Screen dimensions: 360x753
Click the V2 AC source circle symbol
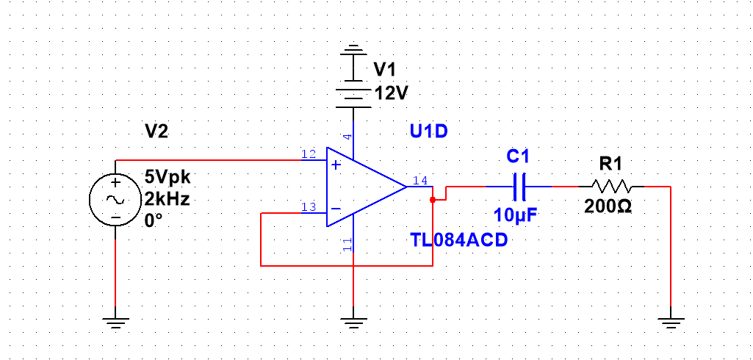click(x=115, y=198)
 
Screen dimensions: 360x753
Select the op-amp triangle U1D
click(x=364, y=187)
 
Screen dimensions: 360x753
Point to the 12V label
click(x=391, y=93)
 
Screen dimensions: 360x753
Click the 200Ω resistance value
click(x=608, y=206)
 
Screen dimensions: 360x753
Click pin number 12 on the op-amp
click(x=309, y=154)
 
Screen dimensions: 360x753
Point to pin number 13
click(x=309, y=206)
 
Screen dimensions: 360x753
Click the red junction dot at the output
click(x=433, y=198)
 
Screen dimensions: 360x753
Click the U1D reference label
click(x=428, y=132)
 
